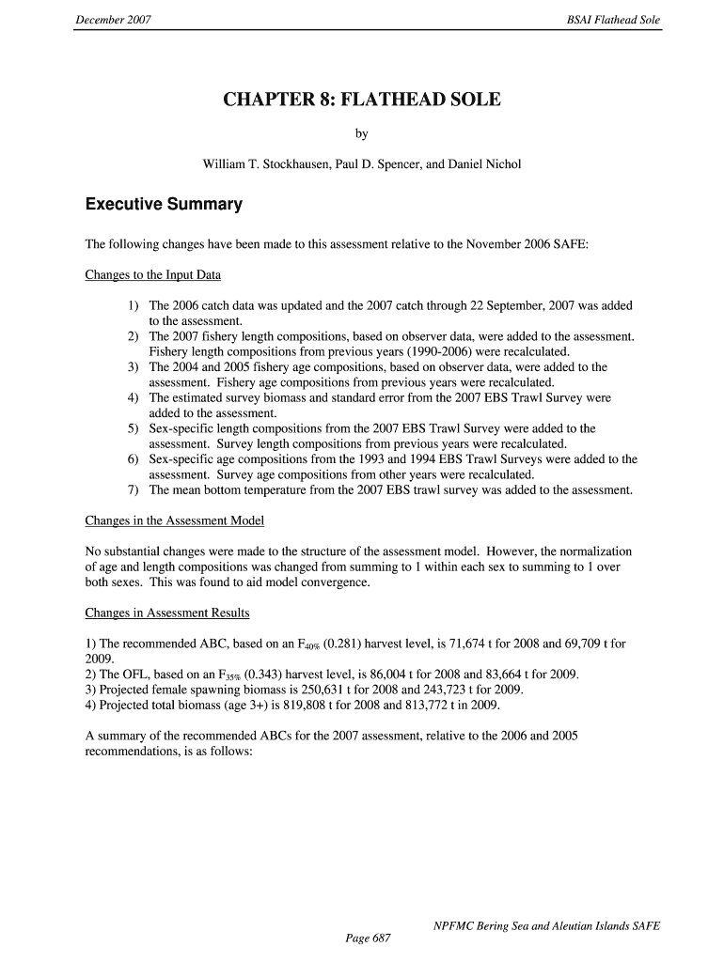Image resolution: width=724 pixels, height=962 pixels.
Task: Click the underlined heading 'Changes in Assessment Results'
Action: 167,613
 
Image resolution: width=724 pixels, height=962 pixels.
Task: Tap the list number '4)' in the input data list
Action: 134,398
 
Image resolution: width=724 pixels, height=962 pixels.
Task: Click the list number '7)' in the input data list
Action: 134,489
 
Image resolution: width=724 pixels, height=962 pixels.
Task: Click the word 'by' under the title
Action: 361,134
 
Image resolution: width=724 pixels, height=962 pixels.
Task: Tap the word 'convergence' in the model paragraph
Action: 328,582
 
